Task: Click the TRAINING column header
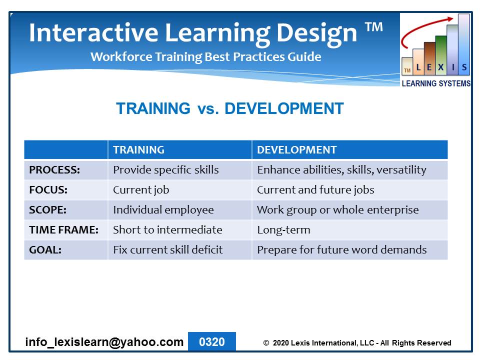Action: (138, 149)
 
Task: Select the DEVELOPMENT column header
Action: (296, 149)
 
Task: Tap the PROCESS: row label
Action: (54, 170)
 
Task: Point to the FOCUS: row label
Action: (48, 190)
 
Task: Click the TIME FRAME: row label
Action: (63, 230)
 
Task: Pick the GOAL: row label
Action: (45, 250)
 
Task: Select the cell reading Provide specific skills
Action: (166, 170)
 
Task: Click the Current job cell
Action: (141, 190)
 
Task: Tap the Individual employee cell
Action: (163, 210)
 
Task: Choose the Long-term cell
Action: (283, 230)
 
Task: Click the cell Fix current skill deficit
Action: (168, 250)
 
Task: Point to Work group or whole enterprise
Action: (337, 210)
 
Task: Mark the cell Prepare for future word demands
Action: (341, 250)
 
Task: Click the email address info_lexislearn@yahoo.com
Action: (104, 342)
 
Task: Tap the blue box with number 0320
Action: (212, 341)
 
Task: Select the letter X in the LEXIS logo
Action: (441, 67)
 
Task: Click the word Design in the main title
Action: (317, 33)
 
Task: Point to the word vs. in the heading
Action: (208, 109)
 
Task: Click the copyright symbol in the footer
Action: (266, 343)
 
